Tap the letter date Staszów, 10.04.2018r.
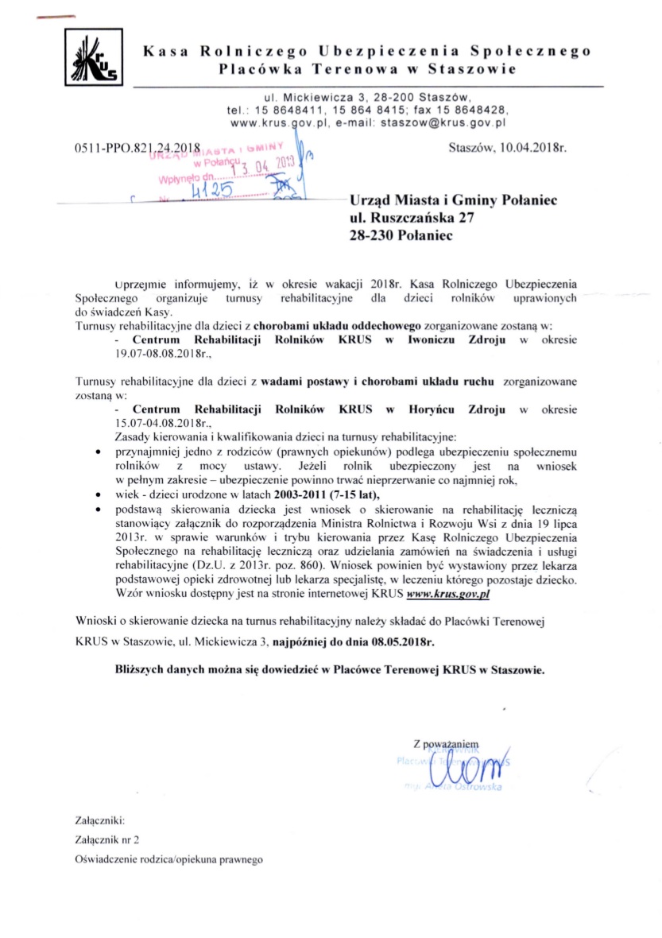click(507, 148)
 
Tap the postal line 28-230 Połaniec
click(397, 237)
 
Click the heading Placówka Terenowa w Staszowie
click(366, 69)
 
